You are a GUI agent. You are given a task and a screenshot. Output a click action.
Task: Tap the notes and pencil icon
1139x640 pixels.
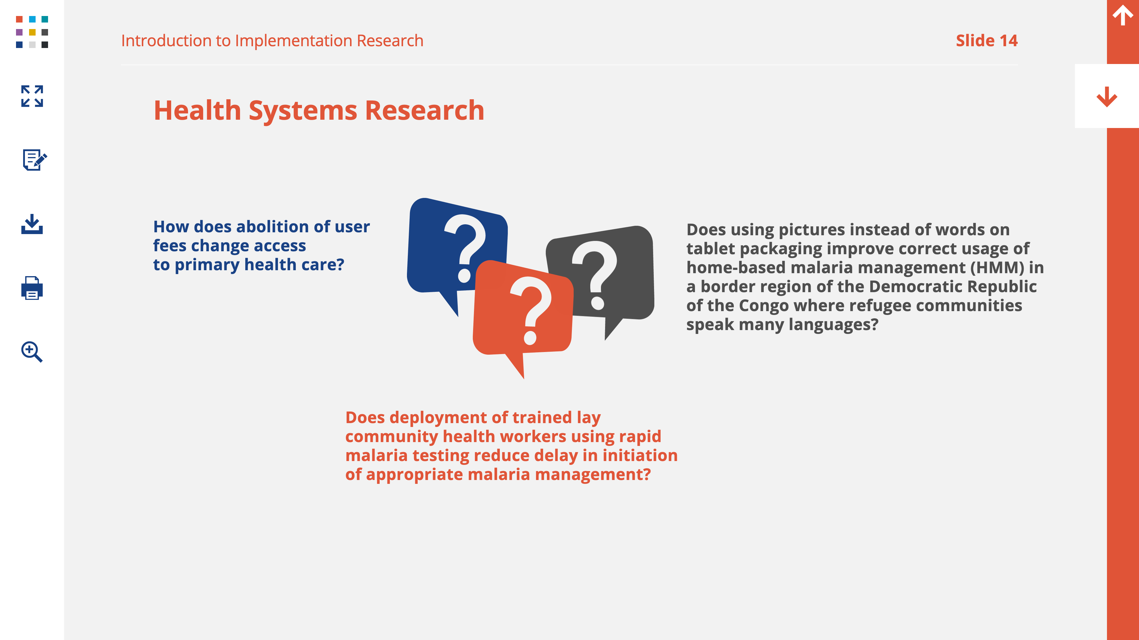pyautogui.click(x=34, y=159)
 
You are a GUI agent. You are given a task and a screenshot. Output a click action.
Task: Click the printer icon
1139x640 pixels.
pyautogui.click(x=32, y=288)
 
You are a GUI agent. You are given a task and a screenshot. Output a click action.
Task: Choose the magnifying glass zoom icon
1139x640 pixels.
pyautogui.click(x=32, y=352)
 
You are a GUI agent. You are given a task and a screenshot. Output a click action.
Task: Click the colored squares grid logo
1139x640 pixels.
pyautogui.click(x=32, y=32)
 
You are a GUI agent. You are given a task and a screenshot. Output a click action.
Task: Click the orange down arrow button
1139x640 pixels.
pyautogui.click(x=1107, y=96)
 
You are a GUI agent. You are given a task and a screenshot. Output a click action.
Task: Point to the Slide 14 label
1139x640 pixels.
pyautogui.click(x=987, y=41)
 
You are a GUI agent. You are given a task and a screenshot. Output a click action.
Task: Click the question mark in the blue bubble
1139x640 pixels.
pyautogui.click(x=465, y=248)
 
